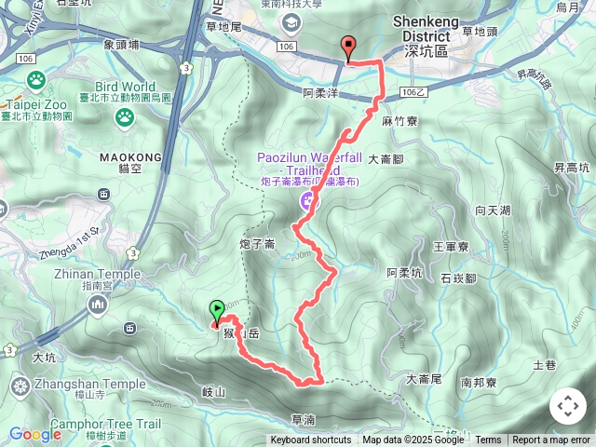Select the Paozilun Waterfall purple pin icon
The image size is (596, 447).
[306, 200]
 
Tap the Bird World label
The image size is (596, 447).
[124, 86]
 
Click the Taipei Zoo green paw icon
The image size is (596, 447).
[124, 116]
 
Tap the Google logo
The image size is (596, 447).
[35, 434]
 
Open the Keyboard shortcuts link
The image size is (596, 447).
[311, 440]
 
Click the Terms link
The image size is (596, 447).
[488, 440]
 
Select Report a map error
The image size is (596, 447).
[551, 440]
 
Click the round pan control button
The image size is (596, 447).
[568, 406]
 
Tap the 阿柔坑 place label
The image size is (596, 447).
[404, 273]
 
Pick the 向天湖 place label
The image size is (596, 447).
[493, 210]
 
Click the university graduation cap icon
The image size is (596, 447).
[291, 21]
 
